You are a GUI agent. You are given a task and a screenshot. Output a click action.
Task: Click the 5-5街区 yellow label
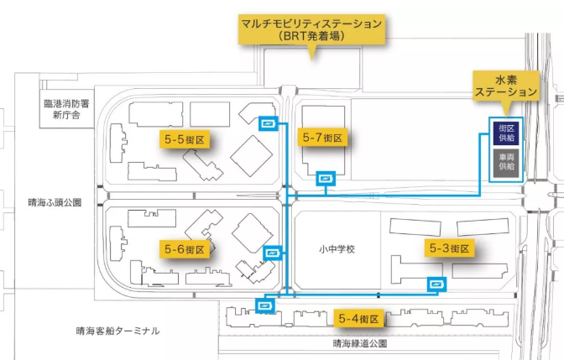pyautogui.click(x=185, y=139)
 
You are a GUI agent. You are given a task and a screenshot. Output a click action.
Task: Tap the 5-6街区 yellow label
pyautogui.click(x=184, y=249)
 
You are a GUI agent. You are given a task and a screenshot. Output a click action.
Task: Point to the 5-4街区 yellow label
pyautogui.click(x=360, y=319)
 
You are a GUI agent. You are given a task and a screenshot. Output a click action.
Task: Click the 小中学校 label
pyautogui.click(x=337, y=249)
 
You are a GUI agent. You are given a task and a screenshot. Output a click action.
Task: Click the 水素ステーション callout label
pyautogui.click(x=505, y=84)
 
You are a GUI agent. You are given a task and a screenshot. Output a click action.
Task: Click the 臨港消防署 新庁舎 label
pyautogui.click(x=65, y=109)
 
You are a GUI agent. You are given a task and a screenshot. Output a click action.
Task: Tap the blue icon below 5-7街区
pyautogui.click(x=326, y=178)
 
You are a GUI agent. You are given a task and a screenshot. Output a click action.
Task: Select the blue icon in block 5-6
pyautogui.click(x=273, y=252)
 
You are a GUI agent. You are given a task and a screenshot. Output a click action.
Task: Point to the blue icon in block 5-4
pyautogui.click(x=266, y=306)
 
